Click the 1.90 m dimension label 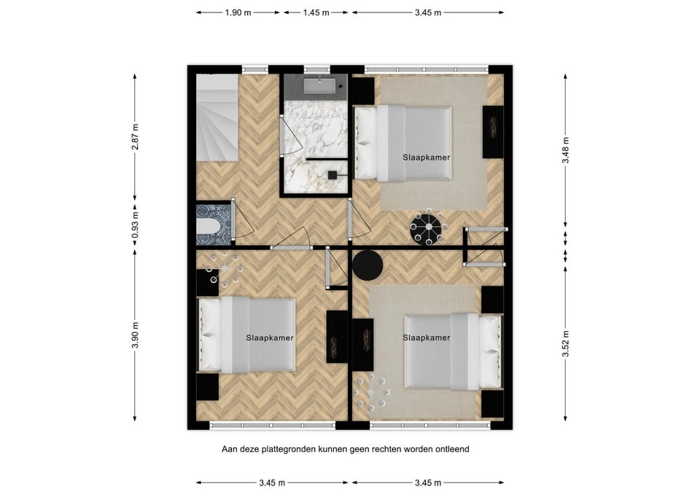(x=238, y=13)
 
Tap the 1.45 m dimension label (x=316, y=13)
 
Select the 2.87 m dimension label (x=136, y=136)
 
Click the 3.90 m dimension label (x=136, y=335)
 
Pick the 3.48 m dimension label (x=566, y=150)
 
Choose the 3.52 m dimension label (x=566, y=343)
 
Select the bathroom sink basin (x=319, y=85)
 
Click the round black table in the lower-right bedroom (x=367, y=265)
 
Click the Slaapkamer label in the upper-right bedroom (x=427, y=157)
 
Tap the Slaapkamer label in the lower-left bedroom (x=270, y=338)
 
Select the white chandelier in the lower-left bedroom (x=225, y=269)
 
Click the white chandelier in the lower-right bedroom (x=371, y=393)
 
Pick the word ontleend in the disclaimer (x=452, y=448)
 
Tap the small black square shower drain (x=332, y=176)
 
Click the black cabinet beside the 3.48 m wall (x=493, y=132)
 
